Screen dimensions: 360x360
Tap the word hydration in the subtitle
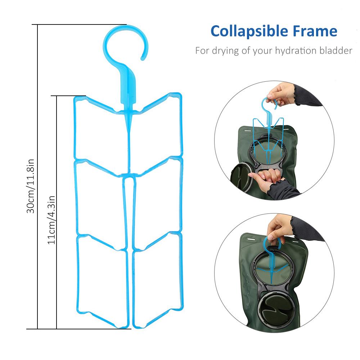click(x=294, y=50)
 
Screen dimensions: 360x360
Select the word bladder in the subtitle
click(x=336, y=50)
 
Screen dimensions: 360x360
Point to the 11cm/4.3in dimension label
click(x=51, y=219)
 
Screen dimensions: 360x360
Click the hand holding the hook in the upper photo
click(x=284, y=94)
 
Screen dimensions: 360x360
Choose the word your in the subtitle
click(x=262, y=50)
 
